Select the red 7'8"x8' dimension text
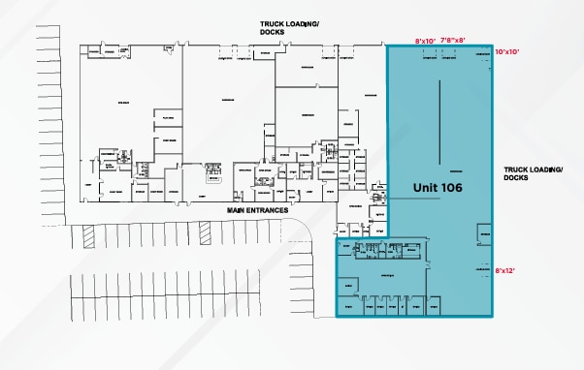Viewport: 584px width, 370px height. click(454, 41)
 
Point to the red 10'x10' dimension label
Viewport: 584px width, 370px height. click(508, 50)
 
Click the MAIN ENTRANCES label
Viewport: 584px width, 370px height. click(257, 210)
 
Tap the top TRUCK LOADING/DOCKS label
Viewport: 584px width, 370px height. click(288, 26)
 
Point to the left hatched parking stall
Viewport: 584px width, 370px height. click(85, 233)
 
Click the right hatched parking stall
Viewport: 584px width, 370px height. click(205, 232)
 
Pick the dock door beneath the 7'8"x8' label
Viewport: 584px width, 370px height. click(454, 57)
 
